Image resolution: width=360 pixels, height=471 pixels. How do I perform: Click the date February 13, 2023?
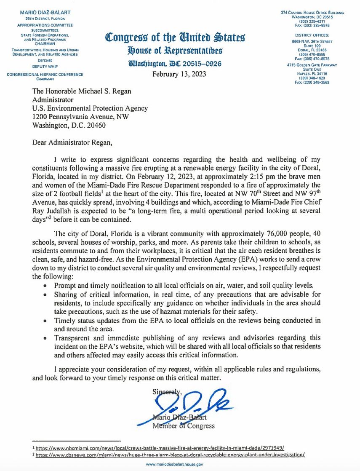[x=179, y=74]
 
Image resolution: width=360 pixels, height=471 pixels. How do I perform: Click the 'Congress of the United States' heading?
[x=175, y=38]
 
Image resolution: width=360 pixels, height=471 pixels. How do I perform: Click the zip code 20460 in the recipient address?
[x=96, y=125]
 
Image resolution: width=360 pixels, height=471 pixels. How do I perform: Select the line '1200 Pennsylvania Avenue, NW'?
[x=80, y=117]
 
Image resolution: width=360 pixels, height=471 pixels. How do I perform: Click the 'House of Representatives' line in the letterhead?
[x=175, y=51]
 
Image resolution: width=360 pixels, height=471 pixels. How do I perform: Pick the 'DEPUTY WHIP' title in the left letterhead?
[x=45, y=67]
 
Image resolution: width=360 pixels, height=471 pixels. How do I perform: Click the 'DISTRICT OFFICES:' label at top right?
[x=312, y=35]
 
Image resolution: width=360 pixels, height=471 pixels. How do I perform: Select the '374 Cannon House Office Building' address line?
[x=312, y=13]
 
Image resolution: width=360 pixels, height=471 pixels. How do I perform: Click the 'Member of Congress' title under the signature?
[x=183, y=426]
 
